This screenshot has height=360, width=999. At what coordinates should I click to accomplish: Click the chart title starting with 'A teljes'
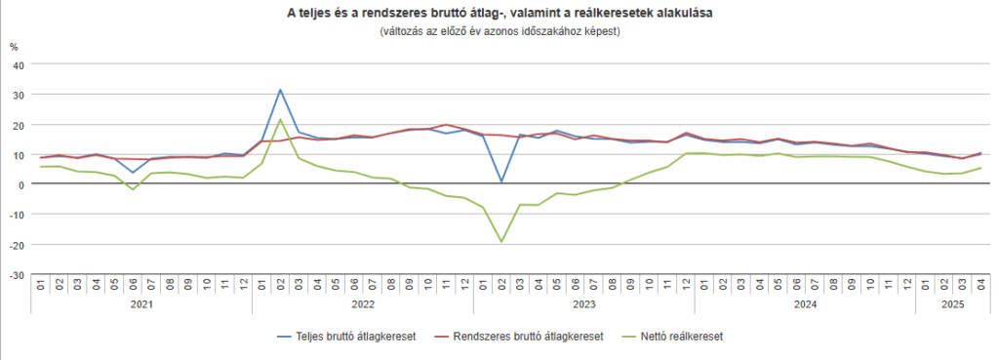coord(499,14)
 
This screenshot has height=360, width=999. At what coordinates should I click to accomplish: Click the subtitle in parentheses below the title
coord(499,31)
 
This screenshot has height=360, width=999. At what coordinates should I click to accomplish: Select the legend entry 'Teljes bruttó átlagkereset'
coord(357,336)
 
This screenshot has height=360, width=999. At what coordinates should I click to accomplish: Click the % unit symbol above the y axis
coord(14,46)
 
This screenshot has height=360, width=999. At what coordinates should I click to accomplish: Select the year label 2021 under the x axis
coord(141,304)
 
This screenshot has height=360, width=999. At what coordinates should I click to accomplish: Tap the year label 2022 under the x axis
coord(363,304)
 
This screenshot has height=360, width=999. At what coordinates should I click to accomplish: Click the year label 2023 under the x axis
coord(583,304)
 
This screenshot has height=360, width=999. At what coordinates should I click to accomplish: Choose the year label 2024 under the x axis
coord(805,304)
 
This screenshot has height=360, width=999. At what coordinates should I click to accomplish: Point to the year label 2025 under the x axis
coord(952,304)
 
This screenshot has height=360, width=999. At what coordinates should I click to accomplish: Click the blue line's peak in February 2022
coord(280,90)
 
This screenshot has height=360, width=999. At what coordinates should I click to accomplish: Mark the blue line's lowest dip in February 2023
coord(501,181)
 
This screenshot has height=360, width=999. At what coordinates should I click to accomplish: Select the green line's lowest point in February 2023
coord(501,242)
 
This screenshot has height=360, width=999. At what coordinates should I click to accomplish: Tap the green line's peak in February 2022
coord(280,120)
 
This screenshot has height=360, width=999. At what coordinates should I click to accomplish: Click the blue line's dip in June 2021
coord(133,173)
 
